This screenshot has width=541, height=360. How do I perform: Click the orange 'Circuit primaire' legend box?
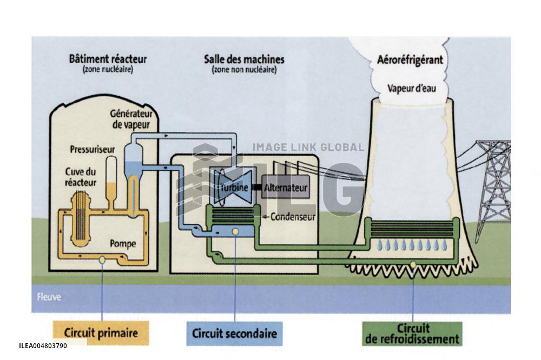100,332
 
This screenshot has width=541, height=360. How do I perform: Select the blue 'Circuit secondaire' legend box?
234,333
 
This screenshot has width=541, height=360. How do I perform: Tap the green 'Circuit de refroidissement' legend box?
412,334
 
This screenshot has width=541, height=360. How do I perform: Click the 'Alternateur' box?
286,188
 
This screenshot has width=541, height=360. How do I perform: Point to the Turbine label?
234,188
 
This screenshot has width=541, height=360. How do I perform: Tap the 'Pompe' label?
123,244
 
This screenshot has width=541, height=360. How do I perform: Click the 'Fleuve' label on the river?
49,297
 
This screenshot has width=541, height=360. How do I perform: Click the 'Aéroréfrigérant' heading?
410,60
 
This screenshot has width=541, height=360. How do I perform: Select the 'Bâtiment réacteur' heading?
108,59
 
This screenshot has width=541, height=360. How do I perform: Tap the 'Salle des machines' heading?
243,59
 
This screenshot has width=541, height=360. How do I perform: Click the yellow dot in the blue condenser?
235,232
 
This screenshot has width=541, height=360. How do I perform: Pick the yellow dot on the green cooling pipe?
413,264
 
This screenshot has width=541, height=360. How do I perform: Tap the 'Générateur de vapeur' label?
131,118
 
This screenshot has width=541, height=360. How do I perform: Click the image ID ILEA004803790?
43,345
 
